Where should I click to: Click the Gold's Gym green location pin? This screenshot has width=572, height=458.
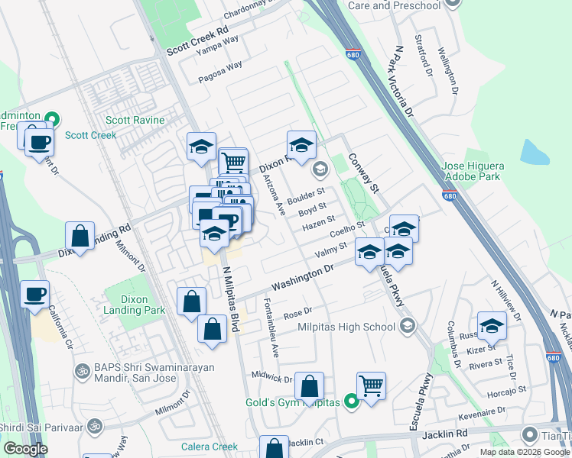coord(351,402)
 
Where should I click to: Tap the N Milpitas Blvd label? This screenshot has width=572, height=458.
coord(231,297)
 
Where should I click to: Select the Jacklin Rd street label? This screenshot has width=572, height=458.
coord(442,434)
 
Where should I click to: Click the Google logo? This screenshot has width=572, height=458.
coord(25,449)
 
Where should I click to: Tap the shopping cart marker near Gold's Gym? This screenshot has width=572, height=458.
coord(371,385)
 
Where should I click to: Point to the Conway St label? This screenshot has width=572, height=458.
coord(363,173)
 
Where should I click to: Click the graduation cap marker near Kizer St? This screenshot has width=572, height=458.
coord(492,326)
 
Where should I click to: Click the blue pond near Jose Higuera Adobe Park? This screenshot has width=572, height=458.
coord(535,152)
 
